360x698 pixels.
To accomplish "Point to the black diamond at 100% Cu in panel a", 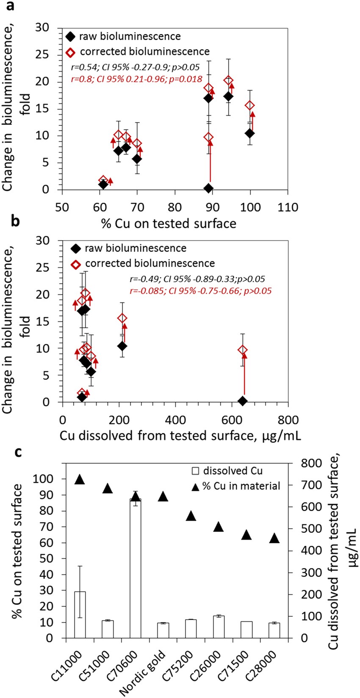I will [250, 133].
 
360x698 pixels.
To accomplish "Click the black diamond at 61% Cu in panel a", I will [103, 184].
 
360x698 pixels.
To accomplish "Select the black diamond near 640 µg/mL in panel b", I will [243, 400].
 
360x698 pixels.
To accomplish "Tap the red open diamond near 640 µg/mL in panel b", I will [243, 350].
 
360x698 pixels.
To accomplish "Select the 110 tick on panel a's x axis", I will [288, 208].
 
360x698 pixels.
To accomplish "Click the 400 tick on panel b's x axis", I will [175, 420].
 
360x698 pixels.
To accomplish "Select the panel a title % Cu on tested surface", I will [169, 223].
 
